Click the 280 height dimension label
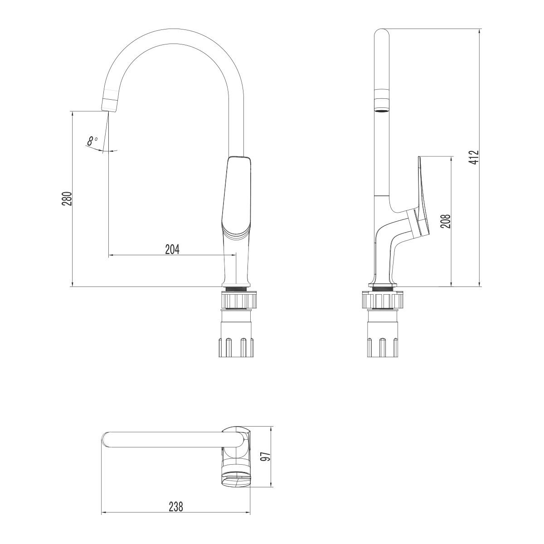67,199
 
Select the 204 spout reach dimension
172,249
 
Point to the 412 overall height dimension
474,157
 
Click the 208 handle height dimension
446,221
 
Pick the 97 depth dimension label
267,457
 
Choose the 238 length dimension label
176,507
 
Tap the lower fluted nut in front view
236,347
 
